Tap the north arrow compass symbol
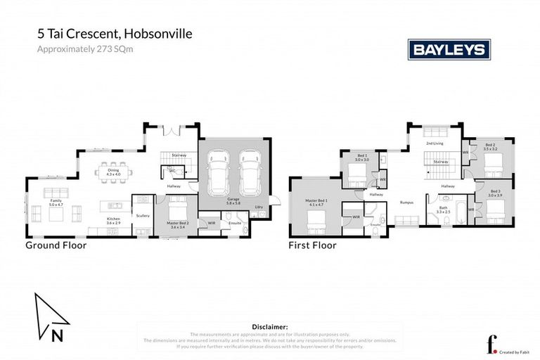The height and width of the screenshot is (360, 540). (x=50, y=316)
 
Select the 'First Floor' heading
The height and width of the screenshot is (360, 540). (x=312, y=245)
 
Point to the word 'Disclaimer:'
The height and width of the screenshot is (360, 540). (x=269, y=327)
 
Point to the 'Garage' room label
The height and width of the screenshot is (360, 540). (x=233, y=200)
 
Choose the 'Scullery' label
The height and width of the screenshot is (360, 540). (x=143, y=216)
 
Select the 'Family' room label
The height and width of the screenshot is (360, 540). (x=55, y=200)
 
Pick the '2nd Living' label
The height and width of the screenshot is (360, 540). (x=435, y=143)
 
